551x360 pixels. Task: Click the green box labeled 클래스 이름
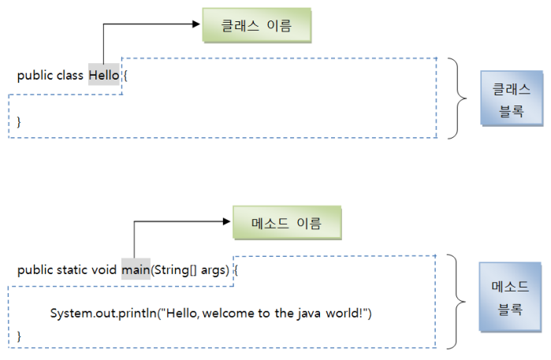click(x=257, y=25)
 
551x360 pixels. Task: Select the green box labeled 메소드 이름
click(x=288, y=223)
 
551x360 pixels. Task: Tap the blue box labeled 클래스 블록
click(x=511, y=99)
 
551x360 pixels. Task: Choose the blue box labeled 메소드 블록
click(x=511, y=297)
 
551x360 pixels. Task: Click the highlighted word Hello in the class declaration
click(x=103, y=76)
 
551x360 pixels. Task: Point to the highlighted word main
click(x=136, y=271)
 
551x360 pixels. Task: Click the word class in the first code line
click(x=69, y=76)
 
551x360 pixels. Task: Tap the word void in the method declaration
click(x=105, y=271)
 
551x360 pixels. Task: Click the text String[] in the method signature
click(x=173, y=271)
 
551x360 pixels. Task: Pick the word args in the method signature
click(x=214, y=271)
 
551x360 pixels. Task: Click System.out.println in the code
click(x=102, y=314)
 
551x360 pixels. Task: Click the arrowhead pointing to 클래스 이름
click(x=197, y=24)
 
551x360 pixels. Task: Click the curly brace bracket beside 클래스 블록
click(x=459, y=98)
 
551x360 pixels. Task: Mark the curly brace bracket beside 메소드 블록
click(x=459, y=300)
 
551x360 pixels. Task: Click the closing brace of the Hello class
click(x=20, y=121)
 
